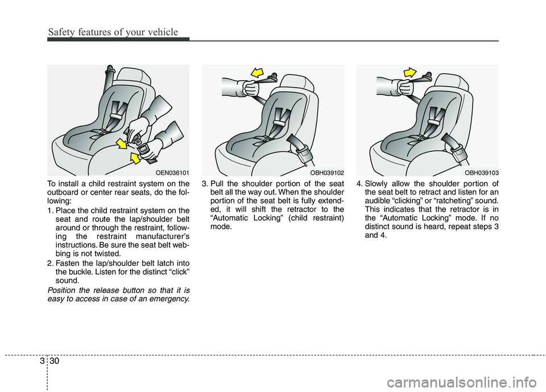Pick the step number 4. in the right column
pyautogui.click(x=359, y=183)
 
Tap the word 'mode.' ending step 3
pyautogui.click(x=221, y=226)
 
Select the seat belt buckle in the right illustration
pyautogui.click(x=456, y=150)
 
